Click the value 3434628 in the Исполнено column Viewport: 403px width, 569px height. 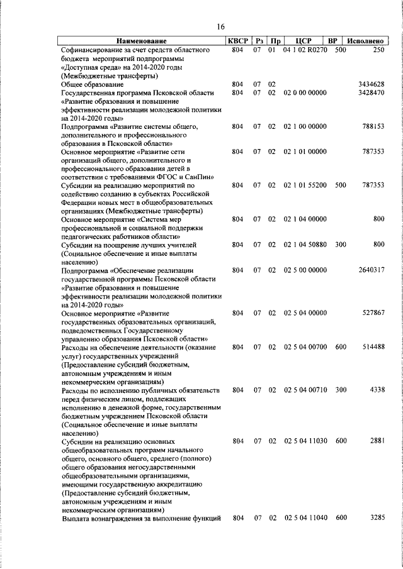tap(371, 84)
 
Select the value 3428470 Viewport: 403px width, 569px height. tap(371, 92)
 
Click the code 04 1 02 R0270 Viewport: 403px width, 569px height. tap(305, 50)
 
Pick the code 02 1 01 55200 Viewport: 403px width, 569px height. tap(305, 185)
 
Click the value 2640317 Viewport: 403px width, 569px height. tap(371, 270)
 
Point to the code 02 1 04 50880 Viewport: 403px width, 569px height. tap(305, 245)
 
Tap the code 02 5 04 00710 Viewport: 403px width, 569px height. tap(305, 390)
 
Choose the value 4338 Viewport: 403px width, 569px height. tap(377, 390)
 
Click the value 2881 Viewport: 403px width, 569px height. tap(377, 441)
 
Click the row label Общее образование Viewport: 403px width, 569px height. tap(92, 84)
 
